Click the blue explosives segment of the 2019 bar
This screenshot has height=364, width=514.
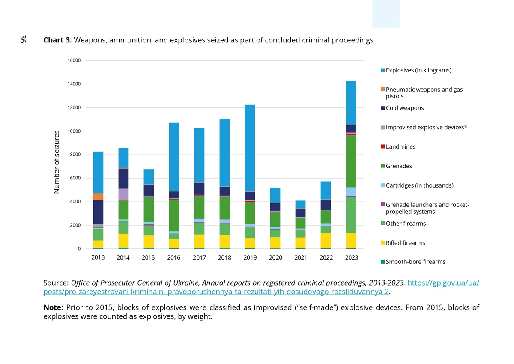[x=250, y=148]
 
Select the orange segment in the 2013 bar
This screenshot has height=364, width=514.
[x=98, y=197]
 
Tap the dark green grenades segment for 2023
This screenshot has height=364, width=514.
[x=351, y=161]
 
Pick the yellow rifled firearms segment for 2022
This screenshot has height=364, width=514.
[x=326, y=240]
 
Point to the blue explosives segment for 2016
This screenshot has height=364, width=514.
[x=174, y=157]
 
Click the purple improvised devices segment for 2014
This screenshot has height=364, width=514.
[x=123, y=194]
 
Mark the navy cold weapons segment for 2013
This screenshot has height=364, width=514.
[x=98, y=212]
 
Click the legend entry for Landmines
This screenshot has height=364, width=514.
[x=400, y=147]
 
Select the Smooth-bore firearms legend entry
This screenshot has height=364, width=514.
[x=415, y=262]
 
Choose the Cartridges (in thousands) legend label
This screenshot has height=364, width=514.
[x=419, y=185]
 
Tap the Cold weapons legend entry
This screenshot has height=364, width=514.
[x=404, y=108]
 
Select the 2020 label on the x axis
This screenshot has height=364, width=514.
[x=275, y=258]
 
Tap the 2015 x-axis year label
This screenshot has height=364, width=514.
[x=149, y=258]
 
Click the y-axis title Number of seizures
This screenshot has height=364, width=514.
[x=56, y=162]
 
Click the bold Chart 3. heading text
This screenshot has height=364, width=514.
[x=58, y=40]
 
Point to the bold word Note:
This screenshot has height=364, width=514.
[x=54, y=308]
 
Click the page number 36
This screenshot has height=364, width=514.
[x=23, y=39]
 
